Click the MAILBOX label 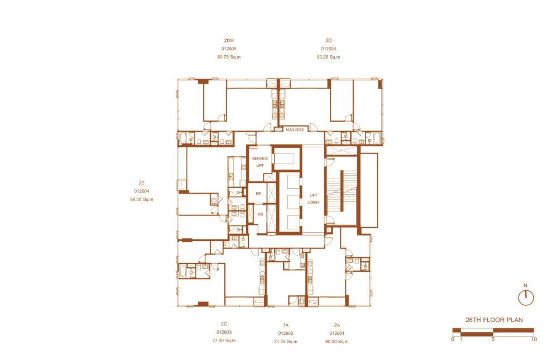(x=295, y=129)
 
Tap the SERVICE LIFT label (x=260, y=162)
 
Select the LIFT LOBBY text (x=313, y=199)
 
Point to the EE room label (x=258, y=194)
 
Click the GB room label (x=261, y=214)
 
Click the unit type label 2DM (x=229, y=41)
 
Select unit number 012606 (x=328, y=49)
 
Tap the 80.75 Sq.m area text (x=229, y=57)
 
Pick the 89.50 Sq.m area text (x=141, y=199)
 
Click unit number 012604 (x=141, y=191)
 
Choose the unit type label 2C (x=224, y=324)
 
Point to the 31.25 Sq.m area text (x=286, y=342)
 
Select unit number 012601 (x=337, y=333)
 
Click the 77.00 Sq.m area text (x=224, y=340)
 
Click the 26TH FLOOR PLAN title (x=494, y=320)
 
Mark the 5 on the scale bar (x=493, y=339)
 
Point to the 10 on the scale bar (x=534, y=339)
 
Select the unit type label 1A (x=286, y=325)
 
